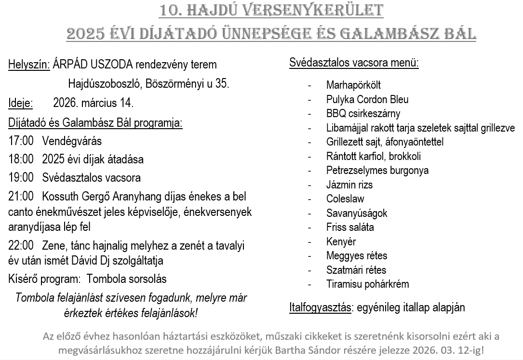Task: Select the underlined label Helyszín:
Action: (x=29, y=65)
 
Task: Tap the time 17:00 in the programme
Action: (x=21, y=141)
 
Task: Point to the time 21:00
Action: (x=21, y=197)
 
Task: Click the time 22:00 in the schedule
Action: (x=21, y=246)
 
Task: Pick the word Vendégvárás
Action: (x=72, y=141)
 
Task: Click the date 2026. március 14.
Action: (x=93, y=103)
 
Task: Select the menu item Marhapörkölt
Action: (x=353, y=85)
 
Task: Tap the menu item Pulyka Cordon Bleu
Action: (x=367, y=100)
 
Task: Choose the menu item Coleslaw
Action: (x=345, y=199)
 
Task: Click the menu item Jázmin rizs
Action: (x=349, y=185)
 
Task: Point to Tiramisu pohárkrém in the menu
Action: (x=368, y=284)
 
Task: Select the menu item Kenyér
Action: (x=341, y=241)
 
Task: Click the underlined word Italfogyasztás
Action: (x=320, y=307)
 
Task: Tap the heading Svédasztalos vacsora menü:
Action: (x=354, y=63)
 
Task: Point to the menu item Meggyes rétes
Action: (x=357, y=255)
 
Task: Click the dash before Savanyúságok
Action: (x=309, y=213)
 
